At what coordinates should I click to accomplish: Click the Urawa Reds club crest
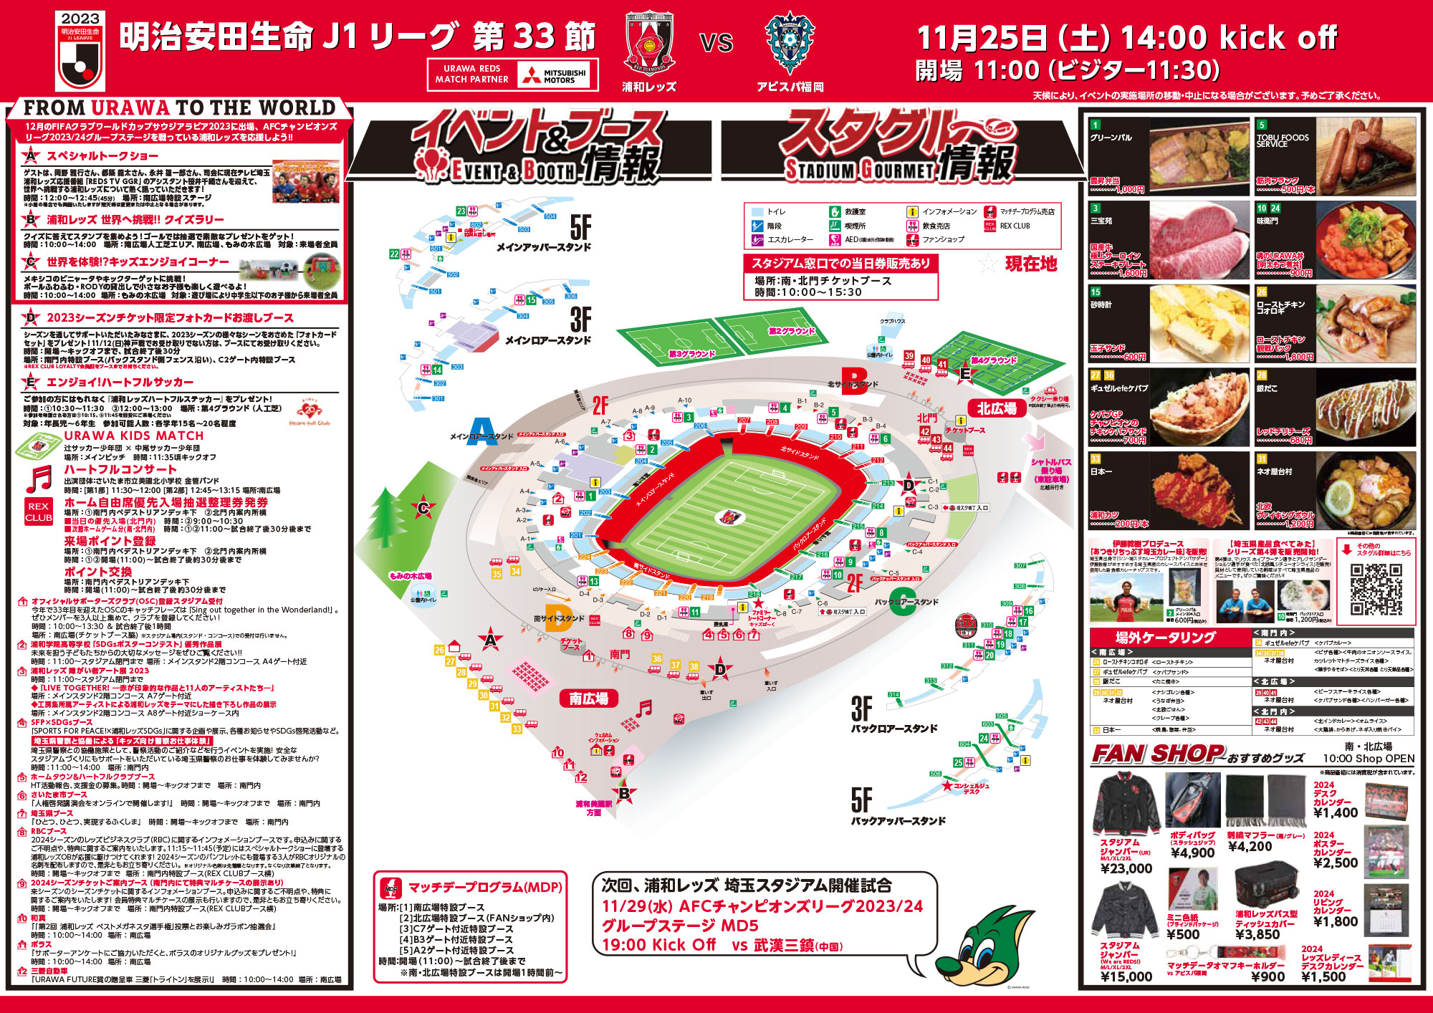649,43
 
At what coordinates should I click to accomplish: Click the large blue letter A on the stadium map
482,431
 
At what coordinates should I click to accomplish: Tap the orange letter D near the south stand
558,618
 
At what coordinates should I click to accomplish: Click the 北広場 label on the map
997,408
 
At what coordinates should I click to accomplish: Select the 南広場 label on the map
588,698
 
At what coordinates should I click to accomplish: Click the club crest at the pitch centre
730,516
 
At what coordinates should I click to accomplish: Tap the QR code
1376,589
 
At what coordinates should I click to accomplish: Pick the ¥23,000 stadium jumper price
1126,869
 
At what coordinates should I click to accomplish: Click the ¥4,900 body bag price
1192,853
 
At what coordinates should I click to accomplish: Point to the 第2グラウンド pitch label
791,331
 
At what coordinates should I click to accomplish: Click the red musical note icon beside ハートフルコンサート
39,479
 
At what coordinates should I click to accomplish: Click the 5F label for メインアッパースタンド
580,228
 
